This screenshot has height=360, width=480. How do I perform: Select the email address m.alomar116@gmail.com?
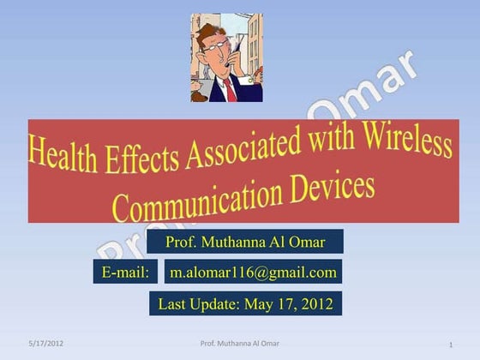(253, 273)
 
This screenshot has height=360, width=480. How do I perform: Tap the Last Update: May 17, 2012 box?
(245, 303)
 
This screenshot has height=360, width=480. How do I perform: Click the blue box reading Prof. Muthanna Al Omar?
(245, 242)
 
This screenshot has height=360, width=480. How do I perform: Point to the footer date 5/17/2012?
(45, 344)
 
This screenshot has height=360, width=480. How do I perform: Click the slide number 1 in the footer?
(450, 345)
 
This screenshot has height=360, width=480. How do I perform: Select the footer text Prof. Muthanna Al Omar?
(239, 344)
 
